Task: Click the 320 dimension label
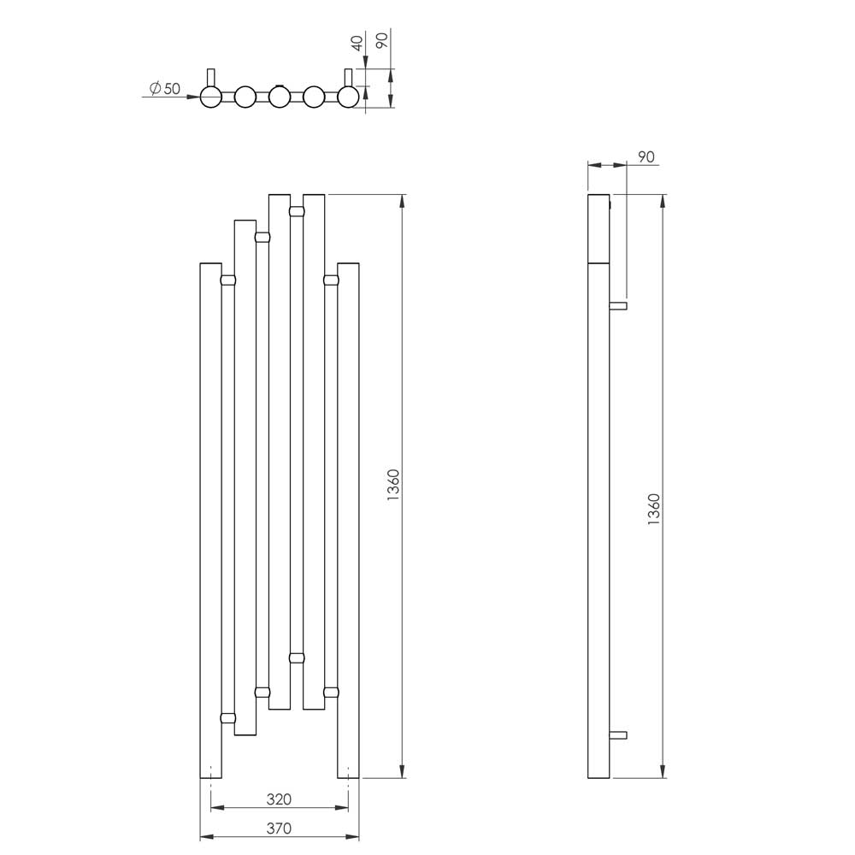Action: pyautogui.click(x=279, y=799)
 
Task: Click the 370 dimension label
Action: pyautogui.click(x=279, y=828)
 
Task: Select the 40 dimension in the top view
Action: pyautogui.click(x=357, y=43)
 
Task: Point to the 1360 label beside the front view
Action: pyautogui.click(x=393, y=486)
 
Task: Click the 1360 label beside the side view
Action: pyautogui.click(x=654, y=510)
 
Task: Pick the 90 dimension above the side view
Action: pyautogui.click(x=646, y=157)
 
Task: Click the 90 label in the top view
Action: pyautogui.click(x=383, y=40)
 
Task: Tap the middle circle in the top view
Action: pyautogui.click(x=280, y=97)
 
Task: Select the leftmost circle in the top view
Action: pyautogui.click(x=210, y=97)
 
